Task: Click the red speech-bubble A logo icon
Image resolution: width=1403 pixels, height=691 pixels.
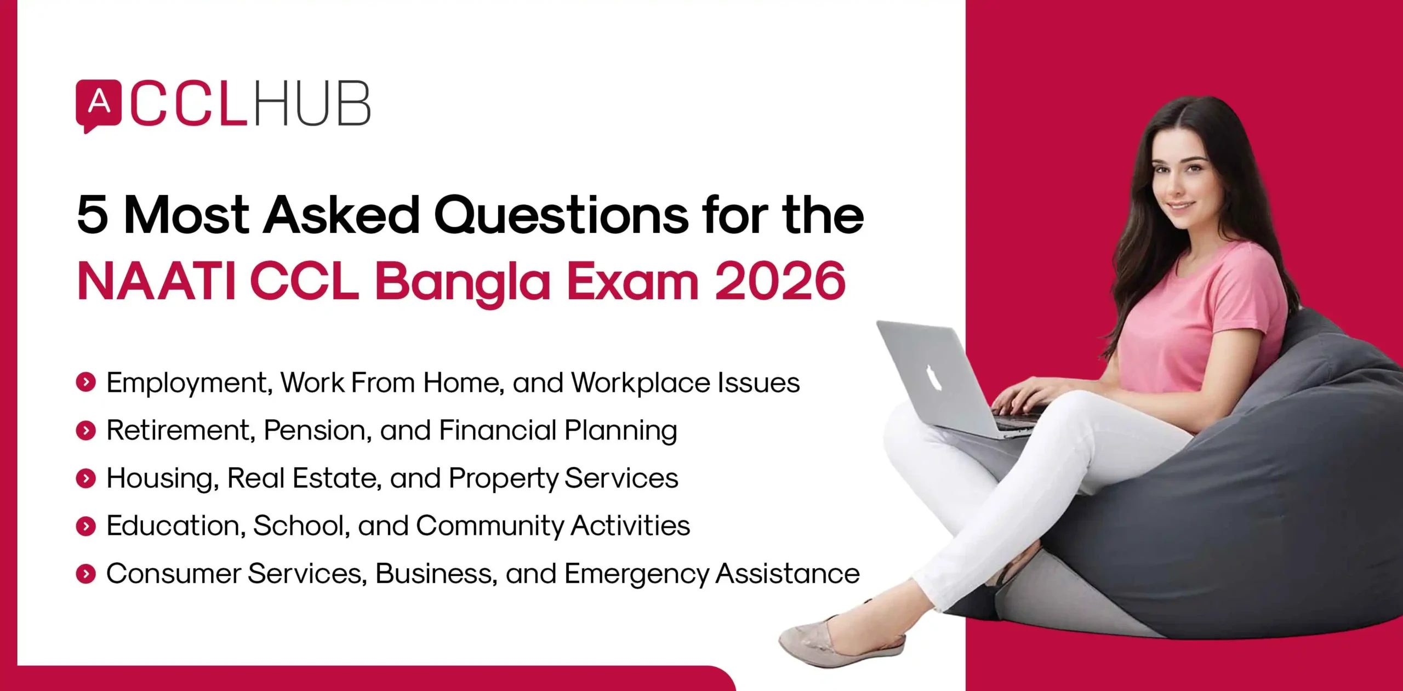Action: tap(98, 104)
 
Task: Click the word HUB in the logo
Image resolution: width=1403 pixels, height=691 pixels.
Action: tap(312, 104)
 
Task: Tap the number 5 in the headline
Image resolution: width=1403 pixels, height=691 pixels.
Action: tap(92, 215)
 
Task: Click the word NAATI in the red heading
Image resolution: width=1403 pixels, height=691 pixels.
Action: tap(156, 282)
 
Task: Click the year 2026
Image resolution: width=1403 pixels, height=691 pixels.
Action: tap(780, 282)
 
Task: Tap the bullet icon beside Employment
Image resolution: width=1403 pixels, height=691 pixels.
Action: tap(86, 382)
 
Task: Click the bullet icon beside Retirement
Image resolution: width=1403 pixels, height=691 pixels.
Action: tap(86, 431)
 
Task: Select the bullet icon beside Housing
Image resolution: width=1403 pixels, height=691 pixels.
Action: tap(86, 478)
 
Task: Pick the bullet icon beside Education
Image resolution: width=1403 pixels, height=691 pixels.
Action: tap(86, 526)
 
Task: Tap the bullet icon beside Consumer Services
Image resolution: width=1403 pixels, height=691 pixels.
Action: tap(86, 574)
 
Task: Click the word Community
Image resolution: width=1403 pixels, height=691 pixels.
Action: tap(489, 526)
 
